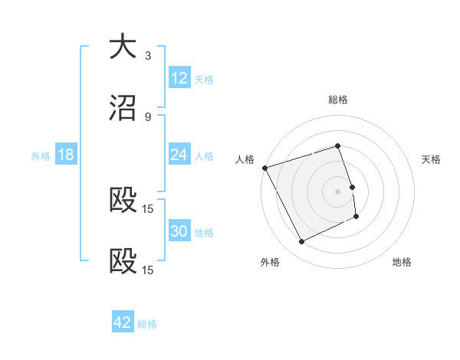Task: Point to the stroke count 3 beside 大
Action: pos(148,55)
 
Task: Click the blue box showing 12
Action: pos(179,78)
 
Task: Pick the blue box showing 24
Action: pos(179,155)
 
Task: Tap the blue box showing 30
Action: pos(179,231)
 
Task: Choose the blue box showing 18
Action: pos(66,155)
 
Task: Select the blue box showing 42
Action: pos(123,322)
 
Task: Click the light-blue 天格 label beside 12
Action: pos(204,80)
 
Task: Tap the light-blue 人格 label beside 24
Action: pos(204,156)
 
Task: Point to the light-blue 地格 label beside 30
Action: pos(204,233)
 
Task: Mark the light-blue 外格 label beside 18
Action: pos(41,156)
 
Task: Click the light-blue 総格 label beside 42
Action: pos(147,324)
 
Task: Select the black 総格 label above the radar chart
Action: pos(338,100)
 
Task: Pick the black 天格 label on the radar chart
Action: pos(432,159)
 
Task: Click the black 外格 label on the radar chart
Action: pos(270,262)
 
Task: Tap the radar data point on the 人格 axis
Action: pos(265,168)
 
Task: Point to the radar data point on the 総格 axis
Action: pos(338,146)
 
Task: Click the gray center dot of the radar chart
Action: pos(338,191)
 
